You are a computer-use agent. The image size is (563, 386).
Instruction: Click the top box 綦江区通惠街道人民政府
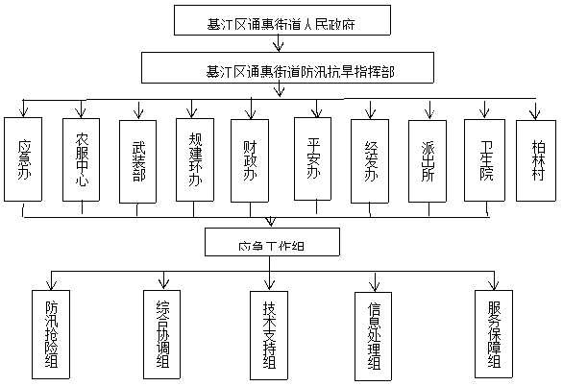tap(269, 20)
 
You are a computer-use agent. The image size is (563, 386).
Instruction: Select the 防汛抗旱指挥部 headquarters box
tap(287, 69)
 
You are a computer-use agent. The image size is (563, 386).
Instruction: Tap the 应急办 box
tap(25, 158)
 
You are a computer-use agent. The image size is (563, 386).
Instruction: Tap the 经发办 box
tap(370, 159)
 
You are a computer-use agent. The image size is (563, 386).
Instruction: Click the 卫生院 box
tap(483, 159)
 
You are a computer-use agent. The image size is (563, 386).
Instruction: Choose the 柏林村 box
tap(537, 159)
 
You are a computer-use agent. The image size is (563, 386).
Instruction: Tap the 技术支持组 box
tap(270, 332)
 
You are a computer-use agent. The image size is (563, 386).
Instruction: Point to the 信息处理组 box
tap(375, 332)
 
